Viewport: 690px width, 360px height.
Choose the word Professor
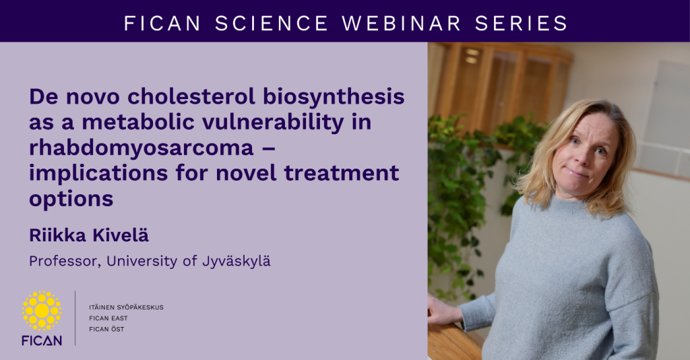(x=63, y=261)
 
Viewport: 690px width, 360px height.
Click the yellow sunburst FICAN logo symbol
(x=42, y=311)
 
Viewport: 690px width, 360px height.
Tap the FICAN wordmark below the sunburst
(x=42, y=340)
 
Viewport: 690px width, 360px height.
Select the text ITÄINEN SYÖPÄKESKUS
(x=126, y=307)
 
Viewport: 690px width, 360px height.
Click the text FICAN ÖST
(x=106, y=329)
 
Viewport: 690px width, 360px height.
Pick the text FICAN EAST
(x=108, y=318)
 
